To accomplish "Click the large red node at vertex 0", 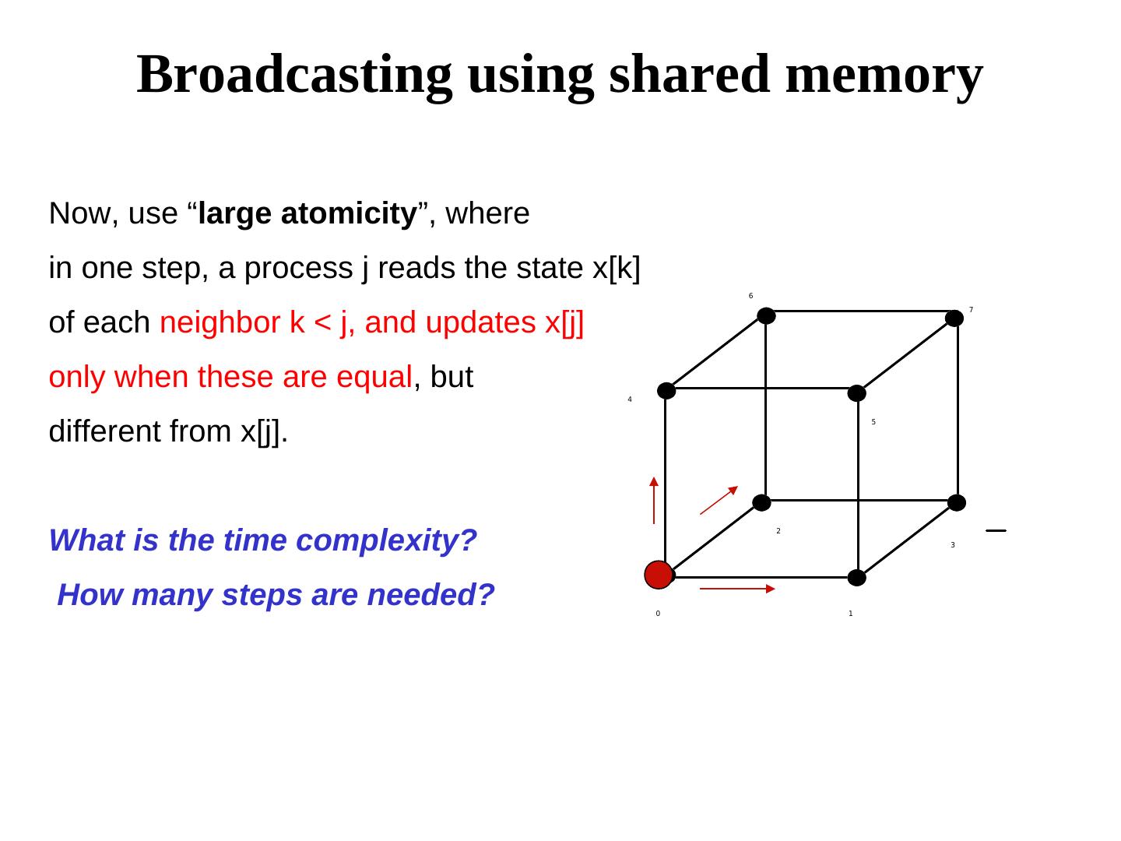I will [659, 575].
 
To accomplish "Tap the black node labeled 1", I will [856, 578].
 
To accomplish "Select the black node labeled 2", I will [761, 503].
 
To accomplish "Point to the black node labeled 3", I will [956, 503].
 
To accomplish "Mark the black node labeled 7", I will [954, 318].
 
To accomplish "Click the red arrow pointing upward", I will [654, 500].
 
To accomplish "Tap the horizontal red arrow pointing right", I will [737, 589].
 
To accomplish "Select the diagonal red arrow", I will [719, 500].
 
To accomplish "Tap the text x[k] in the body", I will [616, 268].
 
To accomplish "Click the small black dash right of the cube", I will [996, 530].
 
